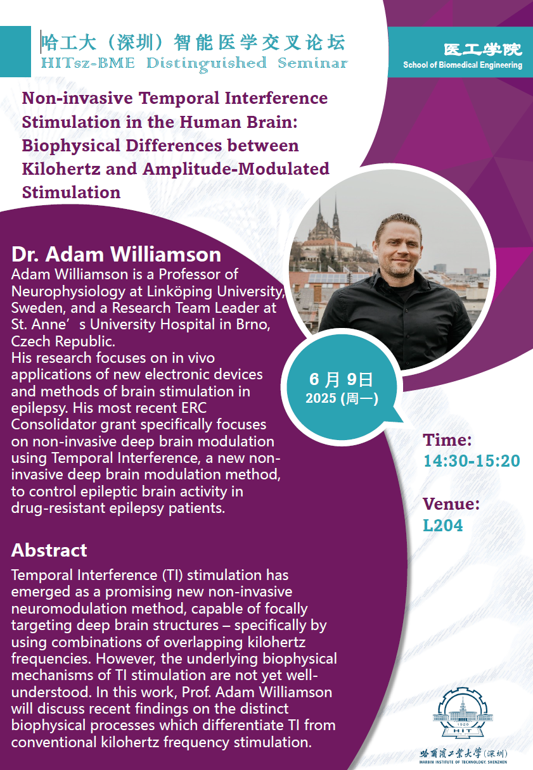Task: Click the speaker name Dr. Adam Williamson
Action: [117, 255]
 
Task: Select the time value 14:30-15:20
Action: [472, 461]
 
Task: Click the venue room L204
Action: [443, 526]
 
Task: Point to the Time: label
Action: [447, 440]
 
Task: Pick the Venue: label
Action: [451, 504]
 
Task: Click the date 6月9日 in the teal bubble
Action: [341, 379]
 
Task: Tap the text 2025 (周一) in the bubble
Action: [342, 398]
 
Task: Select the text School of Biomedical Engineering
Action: [463, 65]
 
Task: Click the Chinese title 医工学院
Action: [482, 50]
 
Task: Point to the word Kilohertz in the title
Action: [61, 169]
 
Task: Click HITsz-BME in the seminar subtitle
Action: [87, 63]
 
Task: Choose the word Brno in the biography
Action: [253, 324]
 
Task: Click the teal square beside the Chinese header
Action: [15, 51]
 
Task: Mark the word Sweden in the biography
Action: [38, 308]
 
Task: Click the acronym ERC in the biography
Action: [194, 408]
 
